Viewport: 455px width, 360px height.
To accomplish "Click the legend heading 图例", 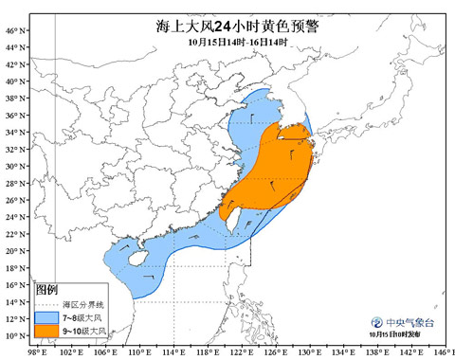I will tap(47, 289).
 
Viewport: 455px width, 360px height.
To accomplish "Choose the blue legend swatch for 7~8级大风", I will tap(45, 316).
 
